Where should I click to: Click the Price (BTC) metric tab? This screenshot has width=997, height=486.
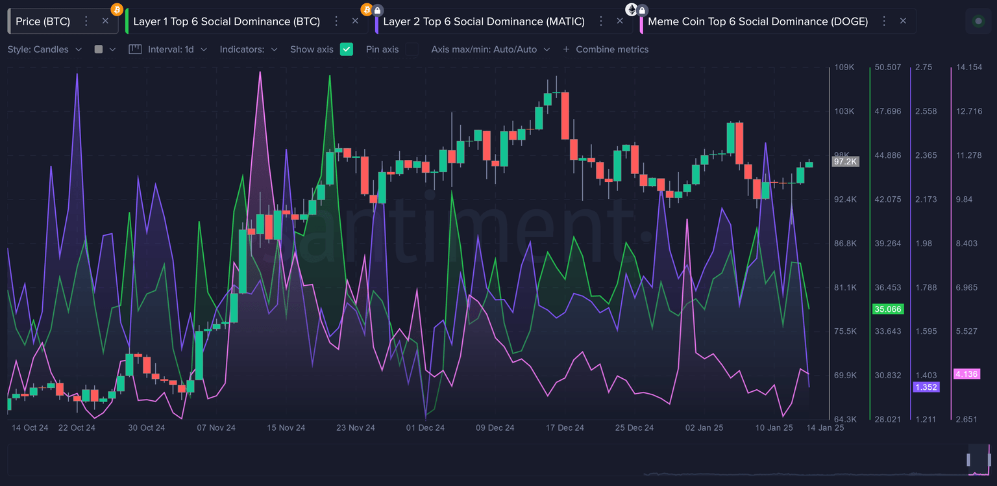43,21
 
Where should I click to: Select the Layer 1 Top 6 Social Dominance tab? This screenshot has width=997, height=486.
227,21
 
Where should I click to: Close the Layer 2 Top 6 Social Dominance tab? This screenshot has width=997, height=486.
620,21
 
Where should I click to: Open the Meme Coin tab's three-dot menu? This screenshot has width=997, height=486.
883,21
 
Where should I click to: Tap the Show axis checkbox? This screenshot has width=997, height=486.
347,49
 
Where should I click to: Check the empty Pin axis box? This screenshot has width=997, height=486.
412,49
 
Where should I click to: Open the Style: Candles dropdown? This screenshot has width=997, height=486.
45,49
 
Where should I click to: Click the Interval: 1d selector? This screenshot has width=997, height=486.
169,49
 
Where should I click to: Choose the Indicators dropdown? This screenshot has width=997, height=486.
249,49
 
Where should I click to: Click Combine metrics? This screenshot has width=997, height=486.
606,49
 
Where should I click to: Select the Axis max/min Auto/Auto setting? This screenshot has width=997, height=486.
490,49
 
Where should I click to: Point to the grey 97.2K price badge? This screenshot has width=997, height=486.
845,161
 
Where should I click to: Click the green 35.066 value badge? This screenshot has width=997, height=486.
888,309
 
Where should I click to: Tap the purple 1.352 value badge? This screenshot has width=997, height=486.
926,387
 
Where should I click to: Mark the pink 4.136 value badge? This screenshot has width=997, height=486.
966,374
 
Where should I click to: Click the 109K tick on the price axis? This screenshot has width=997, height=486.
844,68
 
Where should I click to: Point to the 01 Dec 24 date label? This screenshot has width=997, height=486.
425,428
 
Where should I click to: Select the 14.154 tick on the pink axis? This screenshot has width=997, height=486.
969,68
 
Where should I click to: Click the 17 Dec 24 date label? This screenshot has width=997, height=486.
565,428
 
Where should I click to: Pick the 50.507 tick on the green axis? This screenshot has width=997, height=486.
888,68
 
